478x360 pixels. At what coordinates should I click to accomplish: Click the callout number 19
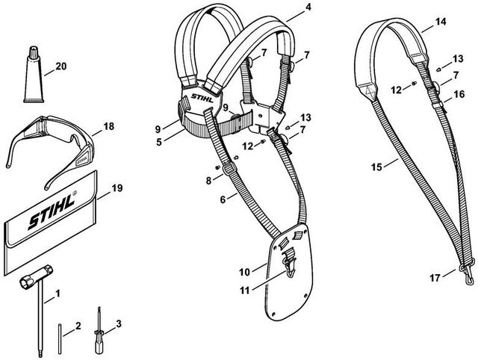(117, 190)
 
